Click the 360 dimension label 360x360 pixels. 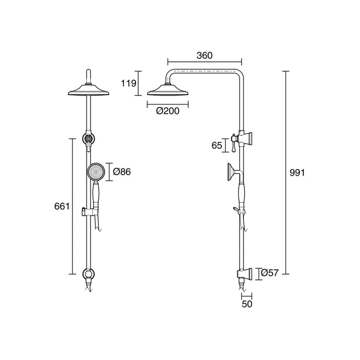[205, 55]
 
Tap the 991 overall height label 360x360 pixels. [297, 173]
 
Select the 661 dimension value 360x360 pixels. [62, 206]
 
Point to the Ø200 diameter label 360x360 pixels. [167, 111]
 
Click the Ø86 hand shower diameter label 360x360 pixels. [122, 172]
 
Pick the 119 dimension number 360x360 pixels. [129, 83]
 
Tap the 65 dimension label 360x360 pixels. [217, 145]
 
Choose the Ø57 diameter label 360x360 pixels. [270, 273]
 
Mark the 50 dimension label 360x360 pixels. [247, 304]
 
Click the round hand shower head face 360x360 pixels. [96, 172]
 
